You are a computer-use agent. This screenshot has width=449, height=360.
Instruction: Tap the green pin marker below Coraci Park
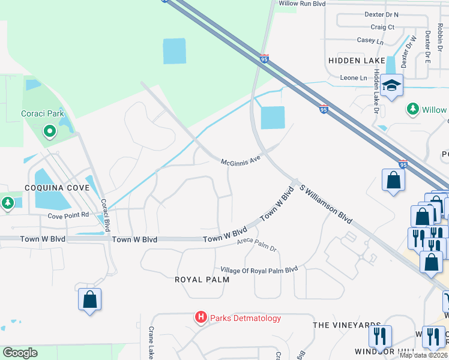click(x=49, y=130)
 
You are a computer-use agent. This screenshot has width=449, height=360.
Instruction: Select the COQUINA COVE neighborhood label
click(x=57, y=188)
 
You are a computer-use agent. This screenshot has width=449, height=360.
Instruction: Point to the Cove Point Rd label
click(x=68, y=215)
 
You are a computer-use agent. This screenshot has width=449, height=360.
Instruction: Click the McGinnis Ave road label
click(x=243, y=163)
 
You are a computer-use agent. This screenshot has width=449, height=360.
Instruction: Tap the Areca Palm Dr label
click(x=256, y=244)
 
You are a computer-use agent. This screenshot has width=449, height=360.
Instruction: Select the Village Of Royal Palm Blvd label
click(x=259, y=269)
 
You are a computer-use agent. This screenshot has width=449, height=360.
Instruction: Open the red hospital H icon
click(x=201, y=317)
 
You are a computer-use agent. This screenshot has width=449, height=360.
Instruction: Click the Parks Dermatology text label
click(x=245, y=318)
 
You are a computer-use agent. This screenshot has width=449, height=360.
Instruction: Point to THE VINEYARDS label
click(x=347, y=325)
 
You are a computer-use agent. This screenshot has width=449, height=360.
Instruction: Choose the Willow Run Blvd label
click(x=302, y=4)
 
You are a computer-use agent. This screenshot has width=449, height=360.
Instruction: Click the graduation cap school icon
click(x=391, y=85)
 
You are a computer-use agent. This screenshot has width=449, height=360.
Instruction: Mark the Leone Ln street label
click(x=354, y=78)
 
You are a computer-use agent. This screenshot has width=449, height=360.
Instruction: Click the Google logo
click(x=20, y=353)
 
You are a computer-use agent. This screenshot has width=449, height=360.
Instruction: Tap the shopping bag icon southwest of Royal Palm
click(x=89, y=299)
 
